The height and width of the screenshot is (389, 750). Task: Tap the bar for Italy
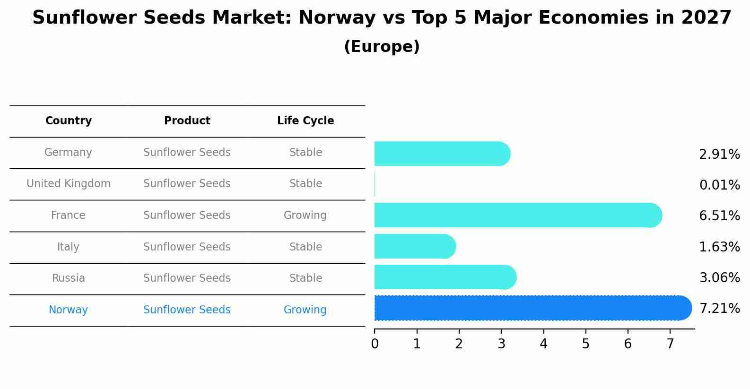414,247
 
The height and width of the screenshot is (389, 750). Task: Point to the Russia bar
445,277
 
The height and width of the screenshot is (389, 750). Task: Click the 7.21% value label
719,309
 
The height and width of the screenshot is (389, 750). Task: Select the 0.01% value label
719,185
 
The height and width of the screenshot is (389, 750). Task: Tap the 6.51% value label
719,216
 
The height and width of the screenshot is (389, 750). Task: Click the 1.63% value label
719,247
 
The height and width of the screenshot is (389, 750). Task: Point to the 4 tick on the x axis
543,344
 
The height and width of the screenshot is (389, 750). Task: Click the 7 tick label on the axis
670,344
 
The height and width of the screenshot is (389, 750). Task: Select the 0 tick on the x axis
375,344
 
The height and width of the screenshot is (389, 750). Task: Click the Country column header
69,121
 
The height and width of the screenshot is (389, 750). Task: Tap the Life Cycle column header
305,121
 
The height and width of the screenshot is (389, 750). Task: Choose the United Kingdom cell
69,184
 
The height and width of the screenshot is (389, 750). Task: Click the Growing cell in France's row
305,216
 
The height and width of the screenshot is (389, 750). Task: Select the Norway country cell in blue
68,310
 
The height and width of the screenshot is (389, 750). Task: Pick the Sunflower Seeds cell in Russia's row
187,278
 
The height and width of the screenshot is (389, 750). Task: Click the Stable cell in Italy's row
305,247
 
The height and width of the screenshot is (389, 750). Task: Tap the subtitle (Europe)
382,47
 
